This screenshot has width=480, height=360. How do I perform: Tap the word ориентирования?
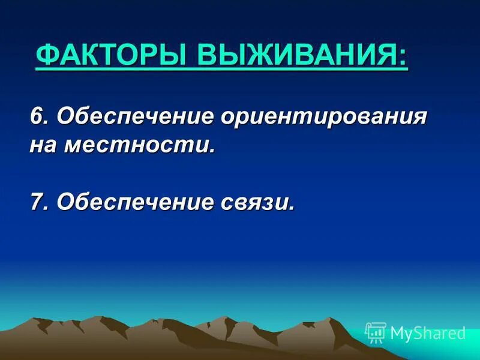[324, 116]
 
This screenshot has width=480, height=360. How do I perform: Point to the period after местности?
[211, 151]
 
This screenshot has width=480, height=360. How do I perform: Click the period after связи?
[292, 208]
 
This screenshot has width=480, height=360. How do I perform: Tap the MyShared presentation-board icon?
[376, 332]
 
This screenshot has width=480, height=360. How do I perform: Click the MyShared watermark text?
[428, 333]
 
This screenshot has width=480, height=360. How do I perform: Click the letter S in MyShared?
[420, 333]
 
